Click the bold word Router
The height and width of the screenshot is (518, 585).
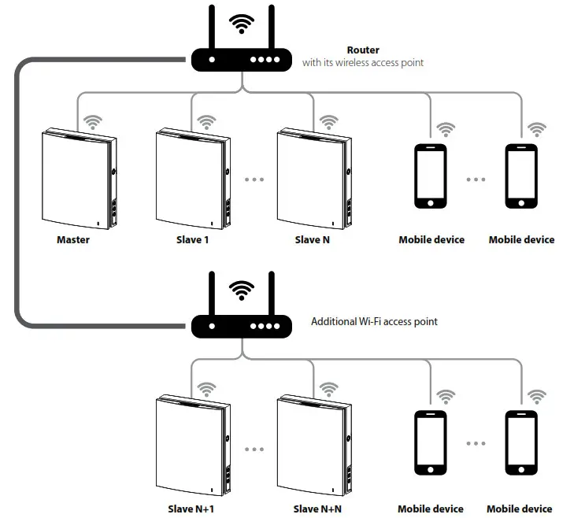(363, 50)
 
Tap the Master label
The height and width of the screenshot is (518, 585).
(73, 239)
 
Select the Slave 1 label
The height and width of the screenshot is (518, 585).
(192, 239)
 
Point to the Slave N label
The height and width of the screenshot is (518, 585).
(312, 239)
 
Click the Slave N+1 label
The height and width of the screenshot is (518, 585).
(192, 509)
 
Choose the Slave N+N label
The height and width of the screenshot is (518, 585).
(317, 509)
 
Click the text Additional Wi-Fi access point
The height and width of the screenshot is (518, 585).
(374, 321)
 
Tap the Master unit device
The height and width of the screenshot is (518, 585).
(77, 179)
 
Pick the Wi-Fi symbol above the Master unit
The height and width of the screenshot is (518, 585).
(94, 122)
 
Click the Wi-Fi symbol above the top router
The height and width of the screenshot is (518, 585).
(241, 23)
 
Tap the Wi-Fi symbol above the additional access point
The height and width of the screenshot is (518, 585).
(241, 290)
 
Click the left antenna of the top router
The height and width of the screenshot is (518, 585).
(211, 28)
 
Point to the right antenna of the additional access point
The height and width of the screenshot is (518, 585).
(271, 294)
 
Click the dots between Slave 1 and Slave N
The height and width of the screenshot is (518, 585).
(254, 179)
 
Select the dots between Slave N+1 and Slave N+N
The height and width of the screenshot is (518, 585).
(254, 449)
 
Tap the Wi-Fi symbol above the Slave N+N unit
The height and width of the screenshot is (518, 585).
(328, 390)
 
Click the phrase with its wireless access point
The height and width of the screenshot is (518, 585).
(363, 62)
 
